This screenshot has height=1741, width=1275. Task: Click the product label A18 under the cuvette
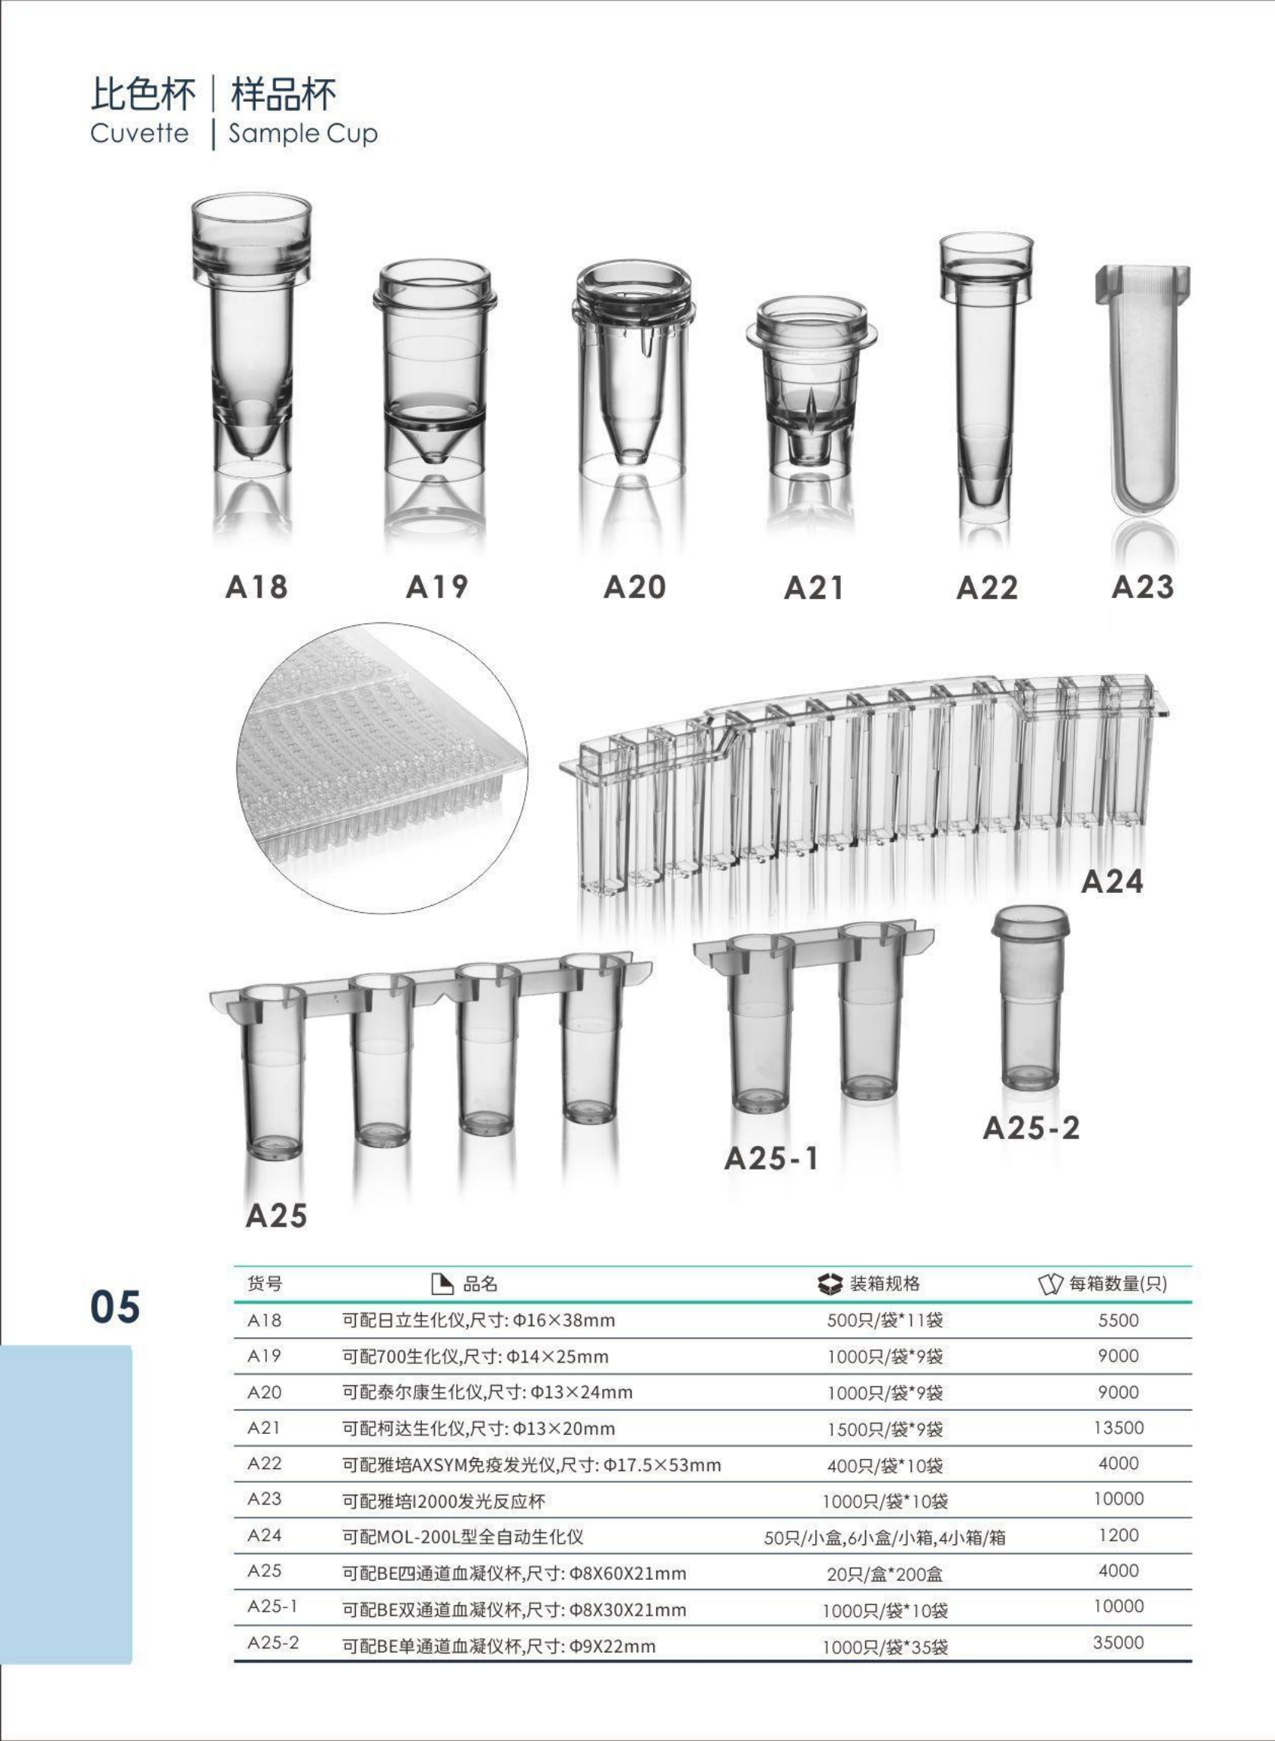(256, 587)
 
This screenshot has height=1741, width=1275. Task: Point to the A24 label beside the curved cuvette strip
(1112, 881)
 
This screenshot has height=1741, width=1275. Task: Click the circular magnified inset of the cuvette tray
(382, 768)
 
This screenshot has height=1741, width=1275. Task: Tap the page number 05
(115, 1306)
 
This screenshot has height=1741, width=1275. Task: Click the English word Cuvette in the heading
(139, 133)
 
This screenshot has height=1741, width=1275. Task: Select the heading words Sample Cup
(303, 135)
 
